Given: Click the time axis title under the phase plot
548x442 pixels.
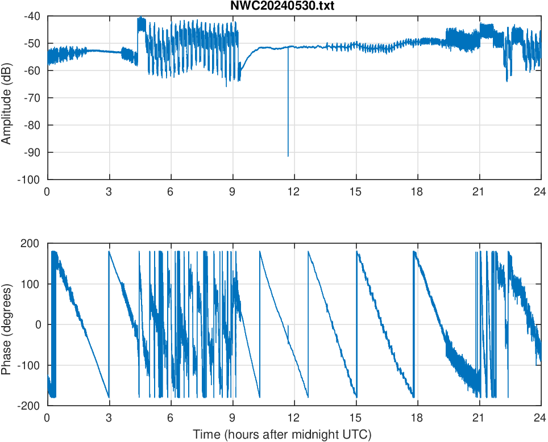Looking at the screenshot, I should [x=282, y=435].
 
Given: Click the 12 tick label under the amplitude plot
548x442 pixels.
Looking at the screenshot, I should [x=294, y=191].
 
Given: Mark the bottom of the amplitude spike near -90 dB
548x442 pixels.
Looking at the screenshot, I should [x=288, y=156].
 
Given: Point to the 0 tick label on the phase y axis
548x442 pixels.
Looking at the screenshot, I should [x=39, y=324].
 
